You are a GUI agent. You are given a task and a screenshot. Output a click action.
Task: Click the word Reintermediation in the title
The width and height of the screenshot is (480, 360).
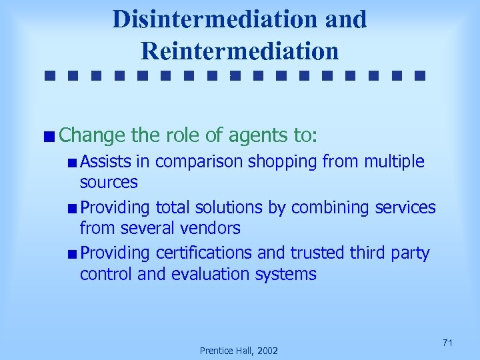(x=240, y=50)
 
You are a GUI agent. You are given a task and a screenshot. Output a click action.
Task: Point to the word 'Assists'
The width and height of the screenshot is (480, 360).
(x=105, y=161)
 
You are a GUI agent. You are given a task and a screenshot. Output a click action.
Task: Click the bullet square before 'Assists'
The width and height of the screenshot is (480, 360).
(x=71, y=162)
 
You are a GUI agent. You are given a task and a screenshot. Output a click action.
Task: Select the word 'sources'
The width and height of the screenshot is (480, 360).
(x=109, y=181)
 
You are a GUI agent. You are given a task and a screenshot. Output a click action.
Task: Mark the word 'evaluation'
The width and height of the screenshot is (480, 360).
(x=203, y=274)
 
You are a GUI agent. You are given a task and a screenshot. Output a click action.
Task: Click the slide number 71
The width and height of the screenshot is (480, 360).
(x=447, y=343)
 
